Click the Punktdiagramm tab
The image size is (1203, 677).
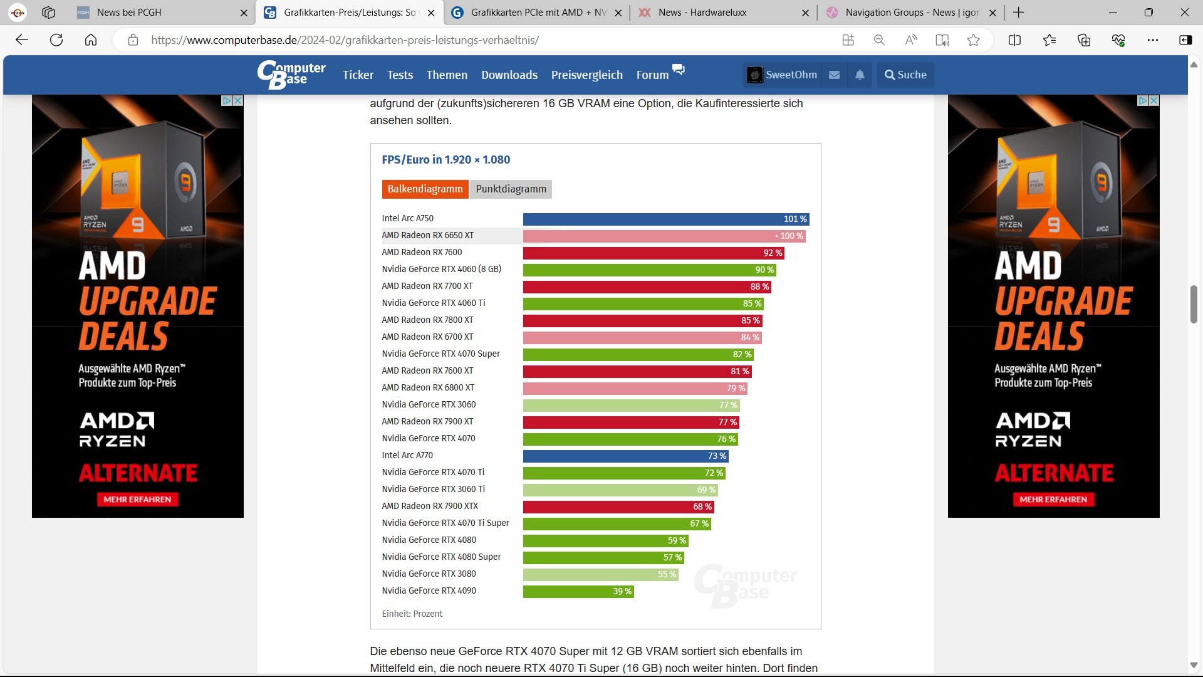(x=511, y=189)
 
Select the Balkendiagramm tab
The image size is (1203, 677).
(x=425, y=189)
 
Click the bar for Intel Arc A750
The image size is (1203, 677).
(x=665, y=219)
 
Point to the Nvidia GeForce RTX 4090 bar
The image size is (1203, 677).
(x=578, y=592)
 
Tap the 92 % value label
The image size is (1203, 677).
(x=773, y=253)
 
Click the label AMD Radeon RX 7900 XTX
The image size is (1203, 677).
(x=430, y=506)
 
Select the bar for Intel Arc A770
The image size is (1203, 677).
(x=625, y=456)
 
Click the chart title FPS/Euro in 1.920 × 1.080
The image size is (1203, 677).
(x=446, y=160)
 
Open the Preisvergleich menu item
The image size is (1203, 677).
(x=586, y=75)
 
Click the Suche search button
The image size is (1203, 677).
(x=905, y=75)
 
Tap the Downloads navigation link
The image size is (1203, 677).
(x=509, y=75)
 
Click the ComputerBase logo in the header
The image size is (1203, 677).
(x=291, y=75)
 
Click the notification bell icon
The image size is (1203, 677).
(x=860, y=75)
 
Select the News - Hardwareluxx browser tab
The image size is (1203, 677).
(x=702, y=13)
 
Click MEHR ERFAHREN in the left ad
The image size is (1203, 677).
(x=137, y=500)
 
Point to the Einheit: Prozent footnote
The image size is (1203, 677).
(x=412, y=614)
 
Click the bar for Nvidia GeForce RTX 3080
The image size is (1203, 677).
(x=600, y=575)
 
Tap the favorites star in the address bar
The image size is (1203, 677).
(x=973, y=40)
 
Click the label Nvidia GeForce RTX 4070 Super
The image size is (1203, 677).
(x=441, y=354)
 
